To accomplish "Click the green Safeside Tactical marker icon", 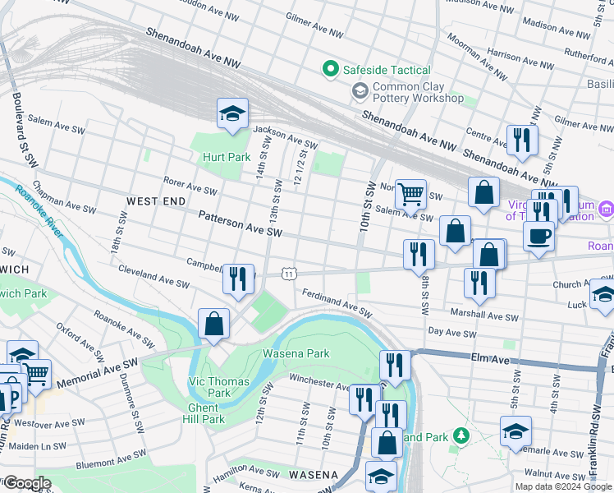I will point(331,70).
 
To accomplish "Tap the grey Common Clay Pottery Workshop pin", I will point(360,92).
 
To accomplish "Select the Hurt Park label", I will point(227,157).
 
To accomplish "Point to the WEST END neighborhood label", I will point(156,200).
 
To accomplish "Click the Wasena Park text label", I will point(296,354).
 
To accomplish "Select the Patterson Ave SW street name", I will point(241,223).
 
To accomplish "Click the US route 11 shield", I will point(288,273).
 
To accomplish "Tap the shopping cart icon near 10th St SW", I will point(410,194).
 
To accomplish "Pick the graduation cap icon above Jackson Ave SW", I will point(232,113).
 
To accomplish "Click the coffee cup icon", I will point(538,236).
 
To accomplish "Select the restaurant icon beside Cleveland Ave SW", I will point(239,279).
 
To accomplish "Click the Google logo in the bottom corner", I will point(26,483).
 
